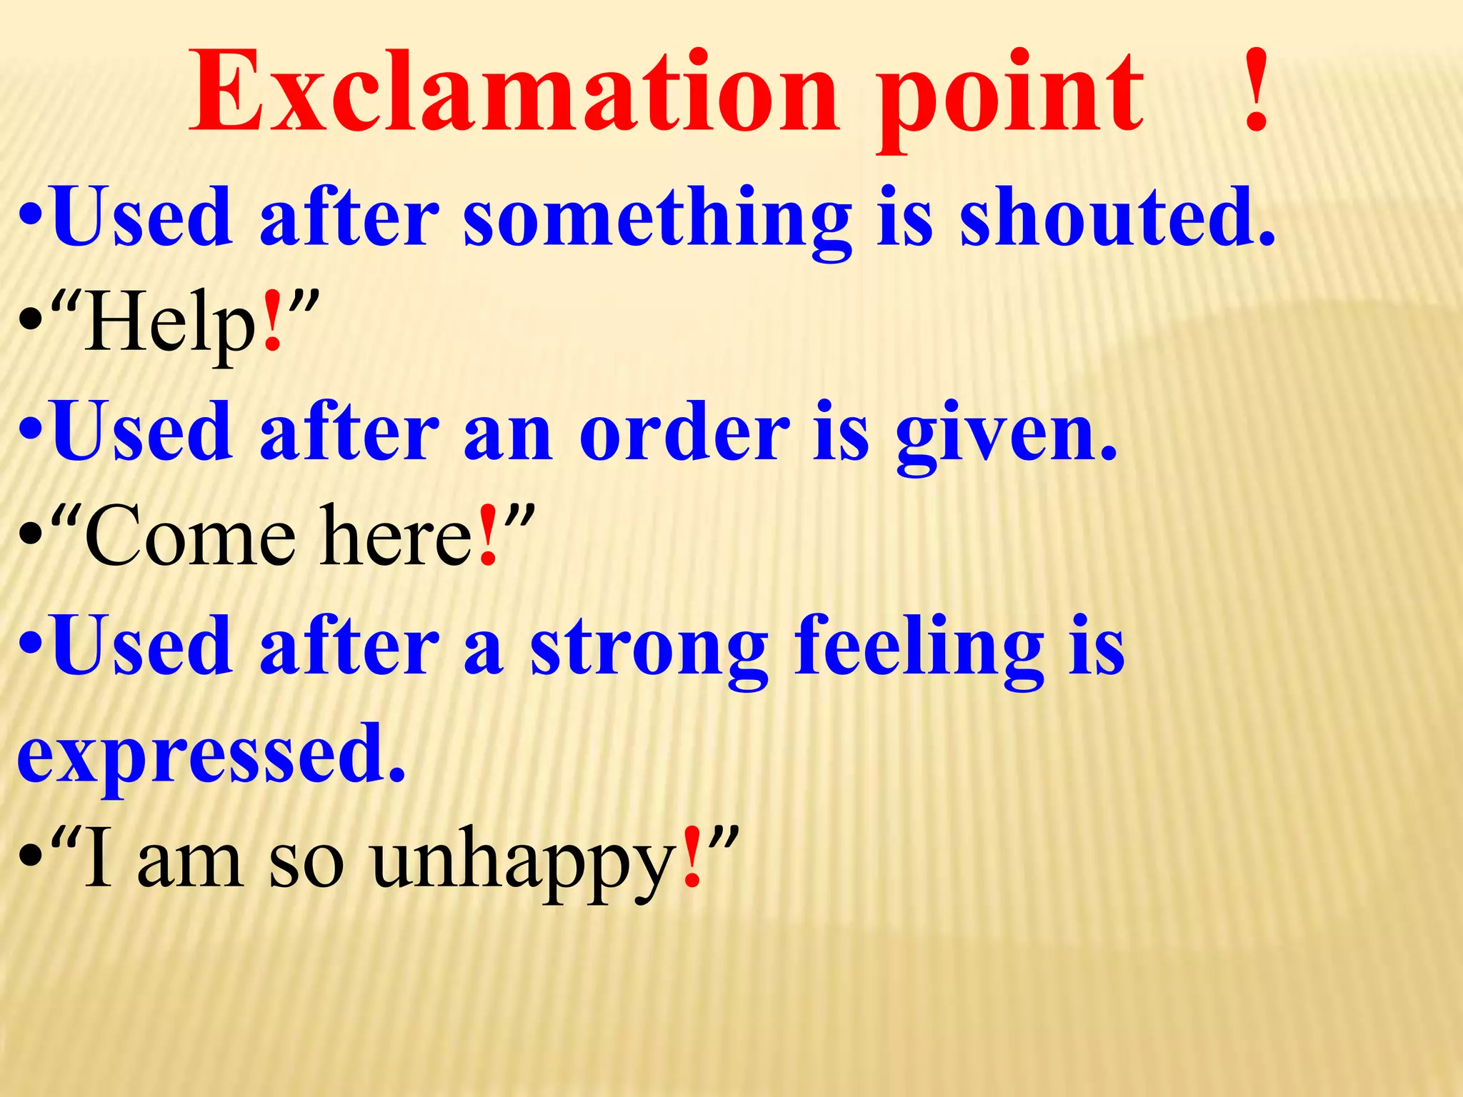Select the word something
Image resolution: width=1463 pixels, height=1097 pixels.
[x=657, y=218]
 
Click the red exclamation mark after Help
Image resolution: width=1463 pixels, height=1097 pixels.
[x=272, y=322]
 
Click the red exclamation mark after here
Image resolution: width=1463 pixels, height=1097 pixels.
[x=488, y=536]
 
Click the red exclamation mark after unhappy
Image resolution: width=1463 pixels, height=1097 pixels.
[x=691, y=858]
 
